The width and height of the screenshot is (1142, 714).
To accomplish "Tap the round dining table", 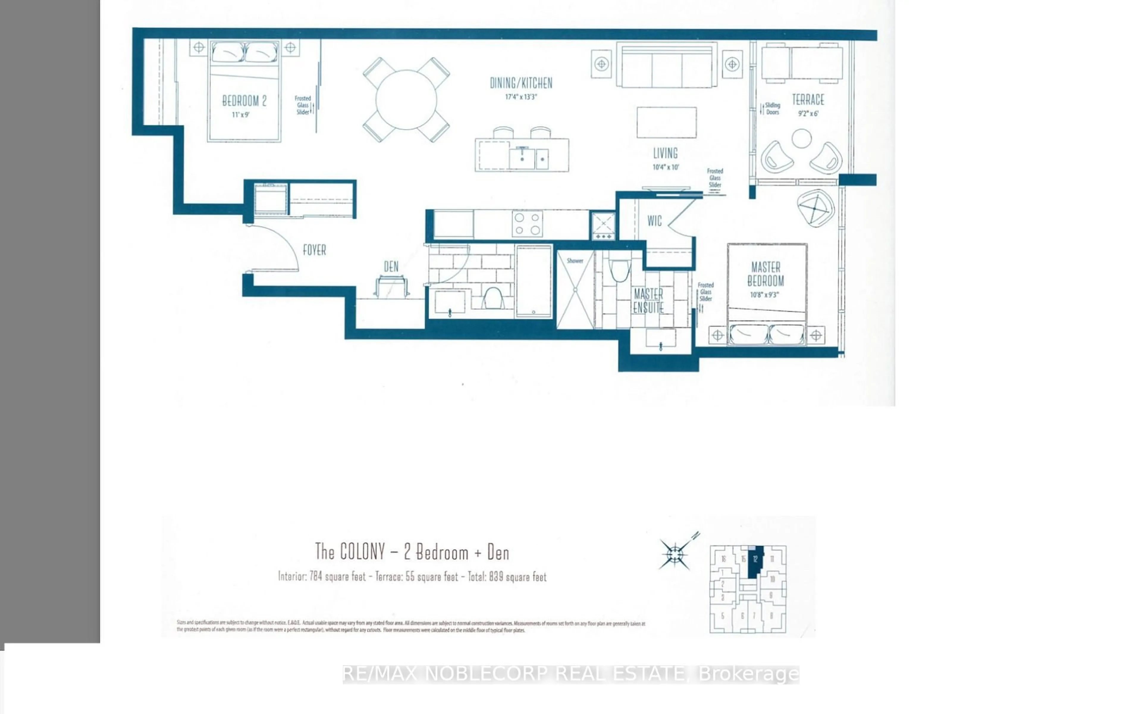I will click(406, 100).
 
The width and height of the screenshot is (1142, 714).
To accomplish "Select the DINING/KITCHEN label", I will click(521, 83).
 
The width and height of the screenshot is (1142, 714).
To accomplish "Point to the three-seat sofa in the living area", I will click(667, 66).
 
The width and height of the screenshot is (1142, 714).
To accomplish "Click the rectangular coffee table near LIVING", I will click(666, 122).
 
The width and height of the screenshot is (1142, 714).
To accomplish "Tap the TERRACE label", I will click(808, 100).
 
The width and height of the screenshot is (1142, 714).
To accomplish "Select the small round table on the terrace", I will click(801, 139).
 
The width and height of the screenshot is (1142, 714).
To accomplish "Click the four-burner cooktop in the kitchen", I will click(527, 224).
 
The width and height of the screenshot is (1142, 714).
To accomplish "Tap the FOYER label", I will click(314, 250).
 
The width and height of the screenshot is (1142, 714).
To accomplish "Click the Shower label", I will click(575, 261).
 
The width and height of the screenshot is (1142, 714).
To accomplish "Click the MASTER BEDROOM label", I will click(765, 274).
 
